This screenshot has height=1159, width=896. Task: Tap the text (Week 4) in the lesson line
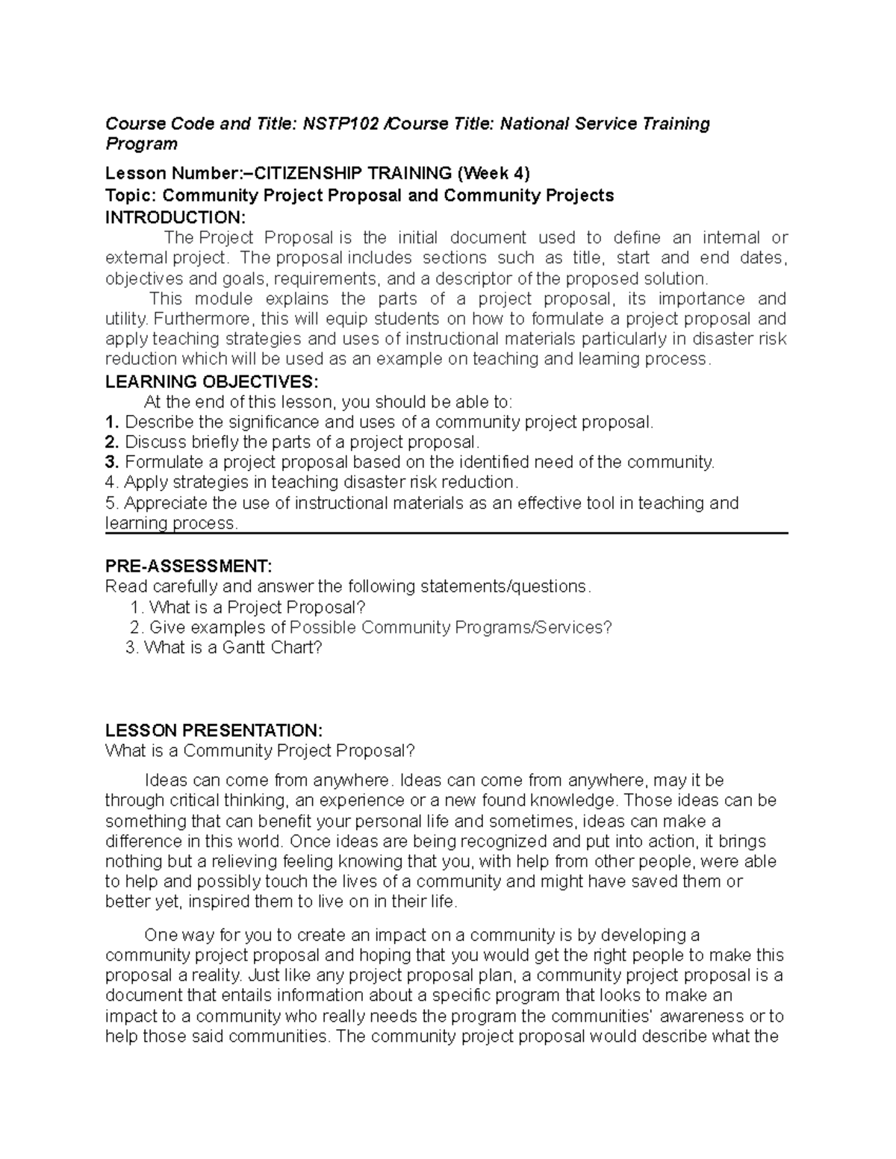tap(494, 174)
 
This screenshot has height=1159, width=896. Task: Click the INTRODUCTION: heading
tap(175, 217)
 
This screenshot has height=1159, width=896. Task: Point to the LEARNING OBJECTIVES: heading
tap(212, 382)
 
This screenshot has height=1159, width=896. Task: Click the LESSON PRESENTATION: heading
tap(214, 730)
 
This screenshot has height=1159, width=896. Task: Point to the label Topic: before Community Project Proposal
tap(131, 196)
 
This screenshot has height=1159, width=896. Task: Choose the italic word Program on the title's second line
tap(141, 144)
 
